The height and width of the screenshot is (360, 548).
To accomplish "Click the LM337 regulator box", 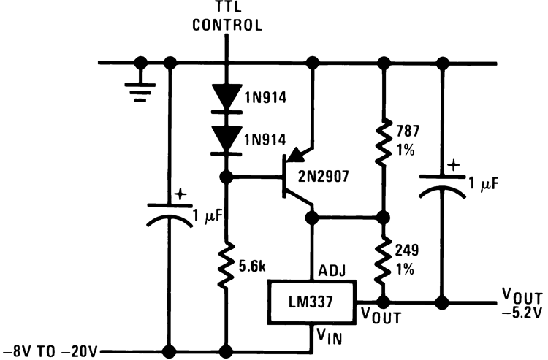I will click(311, 301).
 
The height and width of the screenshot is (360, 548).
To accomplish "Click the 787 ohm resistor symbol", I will click(381, 143).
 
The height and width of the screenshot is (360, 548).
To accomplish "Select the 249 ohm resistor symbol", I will click(381, 260).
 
